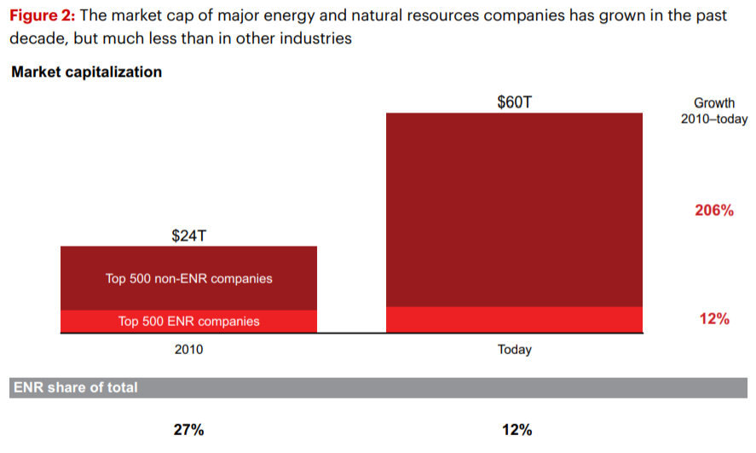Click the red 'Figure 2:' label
(43, 16)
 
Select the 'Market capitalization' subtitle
(87, 72)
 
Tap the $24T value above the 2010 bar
(189, 236)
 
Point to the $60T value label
(515, 102)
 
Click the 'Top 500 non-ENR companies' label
(189, 278)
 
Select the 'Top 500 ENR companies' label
(189, 322)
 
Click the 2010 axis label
(189, 349)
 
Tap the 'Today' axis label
(515, 349)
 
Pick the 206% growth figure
(714, 211)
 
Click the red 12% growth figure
(714, 319)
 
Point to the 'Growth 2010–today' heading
(714, 111)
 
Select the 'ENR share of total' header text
(76, 387)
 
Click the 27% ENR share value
(189, 429)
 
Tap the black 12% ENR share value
(517, 429)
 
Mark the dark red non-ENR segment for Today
(515, 210)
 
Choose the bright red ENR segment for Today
(515, 319)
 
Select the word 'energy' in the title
(288, 17)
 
